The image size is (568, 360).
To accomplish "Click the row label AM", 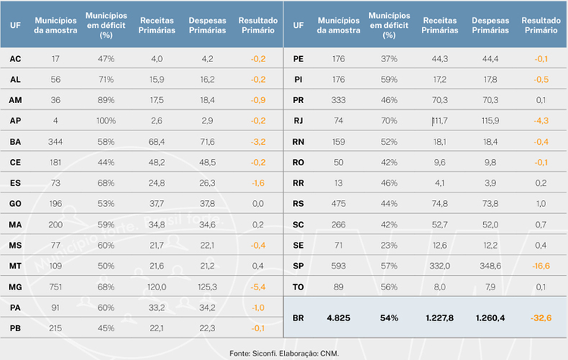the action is click(15, 100).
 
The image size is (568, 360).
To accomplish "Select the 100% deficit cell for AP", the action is click(106, 121).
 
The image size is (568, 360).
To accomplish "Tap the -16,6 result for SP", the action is click(541, 266).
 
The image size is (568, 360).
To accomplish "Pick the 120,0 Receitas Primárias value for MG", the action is click(157, 287).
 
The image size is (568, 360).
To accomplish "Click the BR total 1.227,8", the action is click(439, 318).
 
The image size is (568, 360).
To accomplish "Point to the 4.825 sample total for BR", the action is click(339, 318).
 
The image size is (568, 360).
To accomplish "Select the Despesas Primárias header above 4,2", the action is click(208, 25).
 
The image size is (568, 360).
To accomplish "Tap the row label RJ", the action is click(298, 121).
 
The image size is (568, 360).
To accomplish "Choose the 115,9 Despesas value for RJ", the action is click(490, 121).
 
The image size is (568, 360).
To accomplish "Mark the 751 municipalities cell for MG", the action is click(55, 287).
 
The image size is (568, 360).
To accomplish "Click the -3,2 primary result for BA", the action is click(258, 142).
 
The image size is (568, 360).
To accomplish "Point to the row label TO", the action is click(298, 287).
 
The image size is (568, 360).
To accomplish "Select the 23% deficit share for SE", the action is click(389, 246).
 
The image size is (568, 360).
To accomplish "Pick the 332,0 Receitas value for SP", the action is click(439, 266).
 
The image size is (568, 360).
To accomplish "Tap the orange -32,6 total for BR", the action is click(541, 318).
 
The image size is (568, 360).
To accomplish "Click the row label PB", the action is click(15, 328).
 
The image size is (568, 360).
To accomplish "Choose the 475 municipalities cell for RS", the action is click(339, 204).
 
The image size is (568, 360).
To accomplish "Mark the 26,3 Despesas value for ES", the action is click(208, 183).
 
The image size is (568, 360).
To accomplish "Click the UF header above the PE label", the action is click(298, 25).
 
